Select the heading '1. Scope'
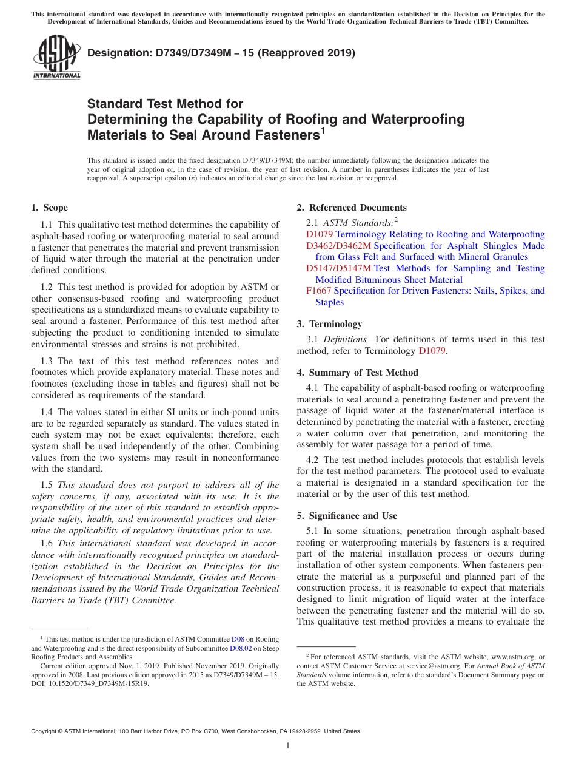[49, 208]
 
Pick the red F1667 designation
[318, 291]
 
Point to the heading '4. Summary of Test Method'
[357, 373]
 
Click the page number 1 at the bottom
[288, 745]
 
